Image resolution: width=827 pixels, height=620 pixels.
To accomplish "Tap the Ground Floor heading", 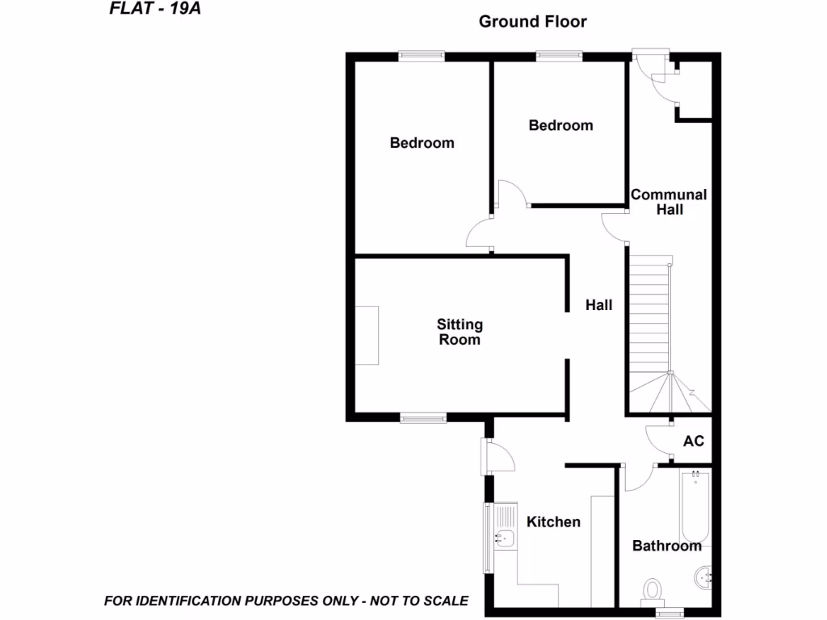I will point(532,22).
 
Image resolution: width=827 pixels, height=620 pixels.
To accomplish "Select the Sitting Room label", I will point(460,332).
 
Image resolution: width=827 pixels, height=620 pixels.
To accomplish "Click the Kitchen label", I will point(553,522).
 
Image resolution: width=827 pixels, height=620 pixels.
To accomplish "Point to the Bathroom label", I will point(666,546).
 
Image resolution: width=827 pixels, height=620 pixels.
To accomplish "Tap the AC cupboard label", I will point(694,442).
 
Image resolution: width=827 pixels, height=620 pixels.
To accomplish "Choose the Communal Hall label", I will point(669,202).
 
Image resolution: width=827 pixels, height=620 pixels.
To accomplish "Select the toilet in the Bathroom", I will point(651,590).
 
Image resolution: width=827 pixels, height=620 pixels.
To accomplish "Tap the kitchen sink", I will point(505,537).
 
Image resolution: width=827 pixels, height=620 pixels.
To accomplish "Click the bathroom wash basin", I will point(702,576).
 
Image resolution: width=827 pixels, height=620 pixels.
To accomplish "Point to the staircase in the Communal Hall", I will point(650,323).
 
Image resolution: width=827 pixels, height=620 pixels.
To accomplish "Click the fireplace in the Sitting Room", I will point(367,335).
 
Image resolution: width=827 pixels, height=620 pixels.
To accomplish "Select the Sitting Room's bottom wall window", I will point(423,418).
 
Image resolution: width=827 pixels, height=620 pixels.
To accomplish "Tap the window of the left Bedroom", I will point(421,57).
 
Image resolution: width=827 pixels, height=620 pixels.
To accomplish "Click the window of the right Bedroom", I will point(560,57).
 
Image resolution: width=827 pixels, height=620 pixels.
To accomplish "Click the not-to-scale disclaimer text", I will point(286,601).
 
